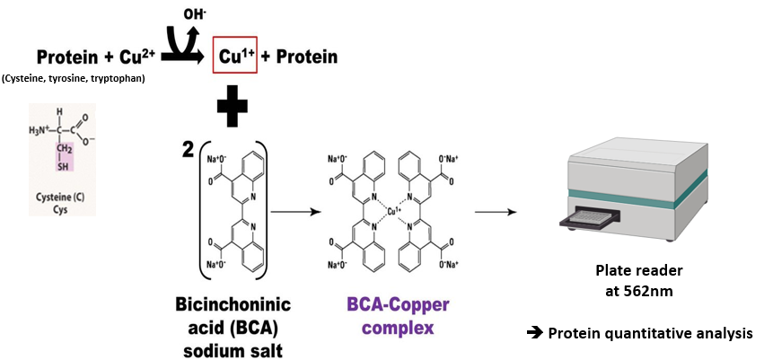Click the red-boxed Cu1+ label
coord(233,56)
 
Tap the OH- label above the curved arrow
coord(193,13)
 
